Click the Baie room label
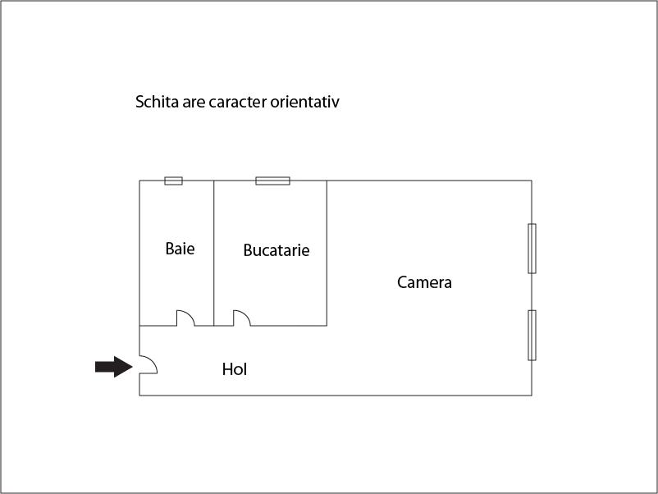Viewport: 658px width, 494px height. tap(180, 249)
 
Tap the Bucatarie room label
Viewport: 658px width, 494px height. tap(276, 250)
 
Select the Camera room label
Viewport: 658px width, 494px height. tap(424, 282)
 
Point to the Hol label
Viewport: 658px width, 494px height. tap(235, 369)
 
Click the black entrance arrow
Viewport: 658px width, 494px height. tap(114, 367)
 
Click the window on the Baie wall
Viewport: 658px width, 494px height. tap(173, 181)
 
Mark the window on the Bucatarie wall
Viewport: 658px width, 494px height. tap(272, 181)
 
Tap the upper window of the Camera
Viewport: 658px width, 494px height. tap(532, 249)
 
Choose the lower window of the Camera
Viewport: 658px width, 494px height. tap(532, 335)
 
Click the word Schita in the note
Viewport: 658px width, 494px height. tap(157, 102)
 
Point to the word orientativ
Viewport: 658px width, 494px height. tap(304, 102)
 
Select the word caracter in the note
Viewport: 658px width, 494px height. tap(237, 102)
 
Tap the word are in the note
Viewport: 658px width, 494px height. tap(194, 103)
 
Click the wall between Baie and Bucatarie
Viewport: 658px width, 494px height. tap(213, 253)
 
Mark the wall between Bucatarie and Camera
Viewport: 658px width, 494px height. tap(327, 253)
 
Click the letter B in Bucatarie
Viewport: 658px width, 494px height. tap(248, 250)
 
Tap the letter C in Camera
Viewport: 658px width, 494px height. tap(402, 282)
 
